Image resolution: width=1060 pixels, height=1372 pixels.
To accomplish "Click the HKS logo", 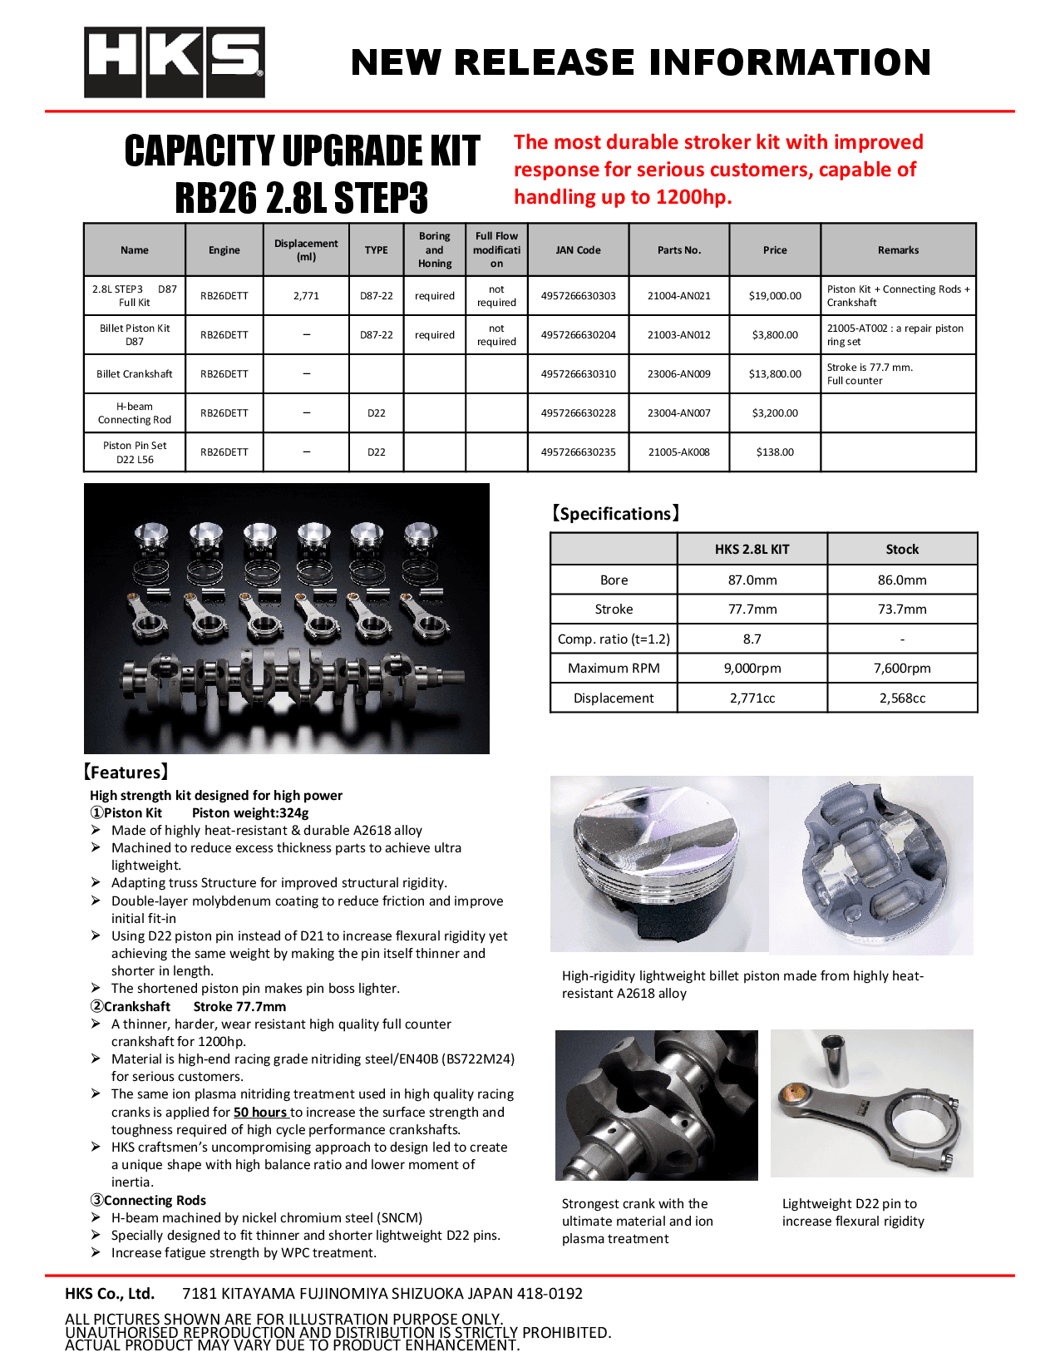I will (175, 62).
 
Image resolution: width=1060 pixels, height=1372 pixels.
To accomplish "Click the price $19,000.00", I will (775, 296).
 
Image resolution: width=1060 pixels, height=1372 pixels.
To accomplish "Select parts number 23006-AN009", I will (678, 374).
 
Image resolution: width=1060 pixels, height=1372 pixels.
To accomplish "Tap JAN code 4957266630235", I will (578, 452).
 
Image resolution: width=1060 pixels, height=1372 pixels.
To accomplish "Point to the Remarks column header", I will (898, 250).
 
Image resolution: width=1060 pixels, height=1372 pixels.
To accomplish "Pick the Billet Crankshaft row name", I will (135, 374).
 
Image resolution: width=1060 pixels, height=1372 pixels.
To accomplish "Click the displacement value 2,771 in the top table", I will (306, 296).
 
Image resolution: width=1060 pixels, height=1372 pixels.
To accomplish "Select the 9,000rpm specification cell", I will (752, 669).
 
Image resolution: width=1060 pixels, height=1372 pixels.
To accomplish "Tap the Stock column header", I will (902, 550).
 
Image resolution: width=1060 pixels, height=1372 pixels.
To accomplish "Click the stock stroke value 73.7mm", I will (902, 610).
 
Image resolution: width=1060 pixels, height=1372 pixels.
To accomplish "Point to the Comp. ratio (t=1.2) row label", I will (614, 639).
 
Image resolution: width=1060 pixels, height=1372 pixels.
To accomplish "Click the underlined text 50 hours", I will (260, 1113).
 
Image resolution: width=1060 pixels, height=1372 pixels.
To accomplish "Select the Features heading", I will (126, 772).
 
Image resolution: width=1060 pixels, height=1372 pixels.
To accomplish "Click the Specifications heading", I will (615, 514).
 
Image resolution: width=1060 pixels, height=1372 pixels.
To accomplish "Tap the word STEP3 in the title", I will (382, 198).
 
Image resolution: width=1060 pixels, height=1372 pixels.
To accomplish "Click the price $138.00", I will (775, 452).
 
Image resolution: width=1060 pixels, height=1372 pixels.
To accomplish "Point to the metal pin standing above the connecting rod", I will (834, 1060).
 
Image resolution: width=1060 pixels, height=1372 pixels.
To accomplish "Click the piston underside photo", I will (870, 865).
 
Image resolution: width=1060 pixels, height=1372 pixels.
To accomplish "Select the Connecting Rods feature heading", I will (148, 1201).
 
